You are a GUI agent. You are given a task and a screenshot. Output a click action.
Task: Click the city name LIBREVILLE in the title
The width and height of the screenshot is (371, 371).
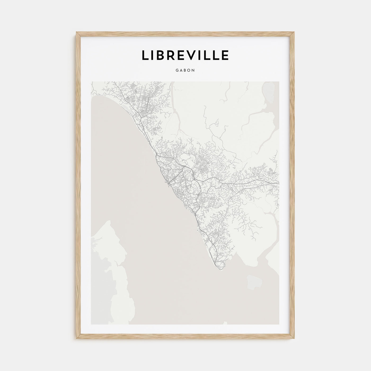pos(185,55)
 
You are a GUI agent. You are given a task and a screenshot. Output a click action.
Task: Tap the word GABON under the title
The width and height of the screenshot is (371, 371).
pos(185,70)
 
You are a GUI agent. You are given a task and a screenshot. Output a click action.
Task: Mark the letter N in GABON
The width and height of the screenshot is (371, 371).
pos(193,70)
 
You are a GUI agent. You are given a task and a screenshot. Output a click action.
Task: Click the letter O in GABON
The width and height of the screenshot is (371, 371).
pos(189,70)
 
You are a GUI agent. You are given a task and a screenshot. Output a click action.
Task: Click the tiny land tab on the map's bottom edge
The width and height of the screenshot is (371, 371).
pos(226,323)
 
